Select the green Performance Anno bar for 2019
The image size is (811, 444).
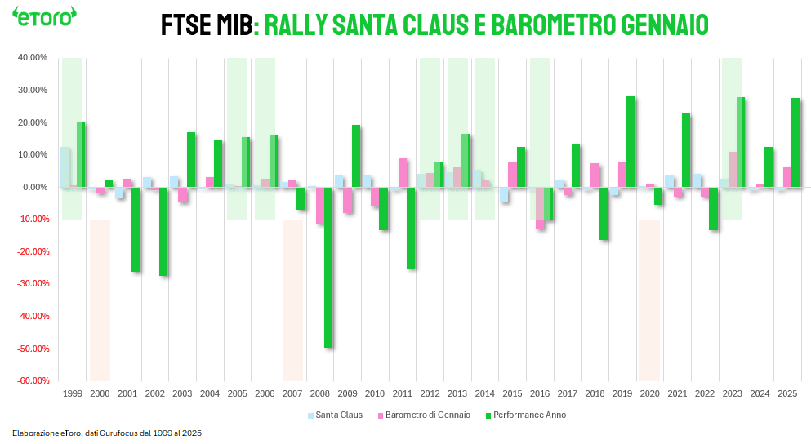click(631, 142)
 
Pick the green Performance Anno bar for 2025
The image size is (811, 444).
click(795, 143)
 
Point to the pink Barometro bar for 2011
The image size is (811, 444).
click(403, 172)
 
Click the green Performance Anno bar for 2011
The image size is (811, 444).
click(411, 228)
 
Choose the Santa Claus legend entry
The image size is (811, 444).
click(335, 415)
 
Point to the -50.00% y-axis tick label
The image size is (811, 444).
click(32, 349)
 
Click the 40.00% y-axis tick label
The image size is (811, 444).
click(33, 58)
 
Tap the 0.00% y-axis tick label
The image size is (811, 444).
click(35, 187)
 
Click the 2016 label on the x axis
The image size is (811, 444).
click(540, 393)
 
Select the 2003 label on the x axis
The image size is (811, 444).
click(182, 393)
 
